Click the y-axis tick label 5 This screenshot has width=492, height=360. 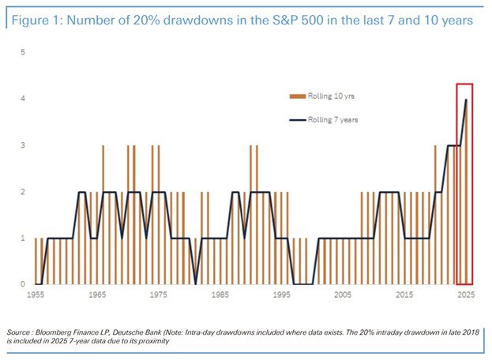click(24, 53)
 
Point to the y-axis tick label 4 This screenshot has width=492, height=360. click(24, 99)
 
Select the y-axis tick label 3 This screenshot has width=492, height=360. click(24, 145)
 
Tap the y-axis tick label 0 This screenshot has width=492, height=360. click(24, 284)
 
